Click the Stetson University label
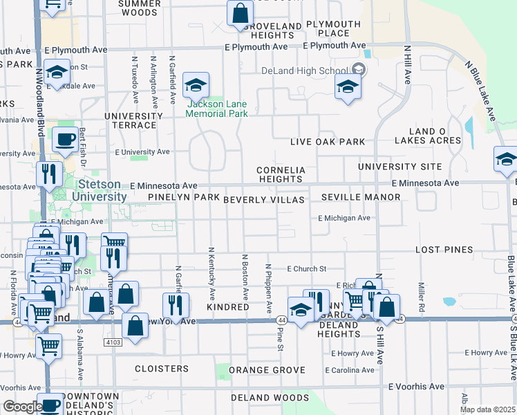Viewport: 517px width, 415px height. [102, 190]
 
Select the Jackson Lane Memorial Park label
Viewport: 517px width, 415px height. [217, 109]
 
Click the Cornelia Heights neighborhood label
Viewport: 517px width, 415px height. [279, 174]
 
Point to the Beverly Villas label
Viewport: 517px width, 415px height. [264, 199]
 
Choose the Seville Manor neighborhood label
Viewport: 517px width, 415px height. [361, 197]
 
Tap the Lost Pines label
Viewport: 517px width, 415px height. [444, 249]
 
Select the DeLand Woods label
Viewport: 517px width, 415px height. [270, 398]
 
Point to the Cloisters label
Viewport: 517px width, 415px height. [162, 369]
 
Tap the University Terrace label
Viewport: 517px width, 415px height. [130, 120]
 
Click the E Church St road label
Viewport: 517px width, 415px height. [306, 268]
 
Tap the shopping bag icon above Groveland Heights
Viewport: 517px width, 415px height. [238, 13]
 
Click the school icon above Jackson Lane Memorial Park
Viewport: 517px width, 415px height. [196, 86]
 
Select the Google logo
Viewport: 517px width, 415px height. [22, 407]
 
